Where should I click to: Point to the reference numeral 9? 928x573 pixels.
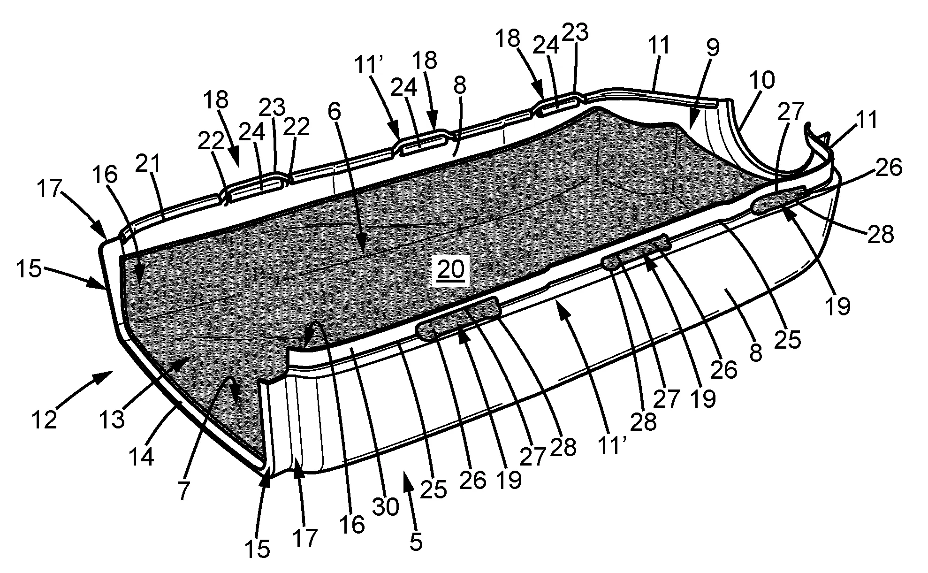pyautogui.click(x=713, y=48)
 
